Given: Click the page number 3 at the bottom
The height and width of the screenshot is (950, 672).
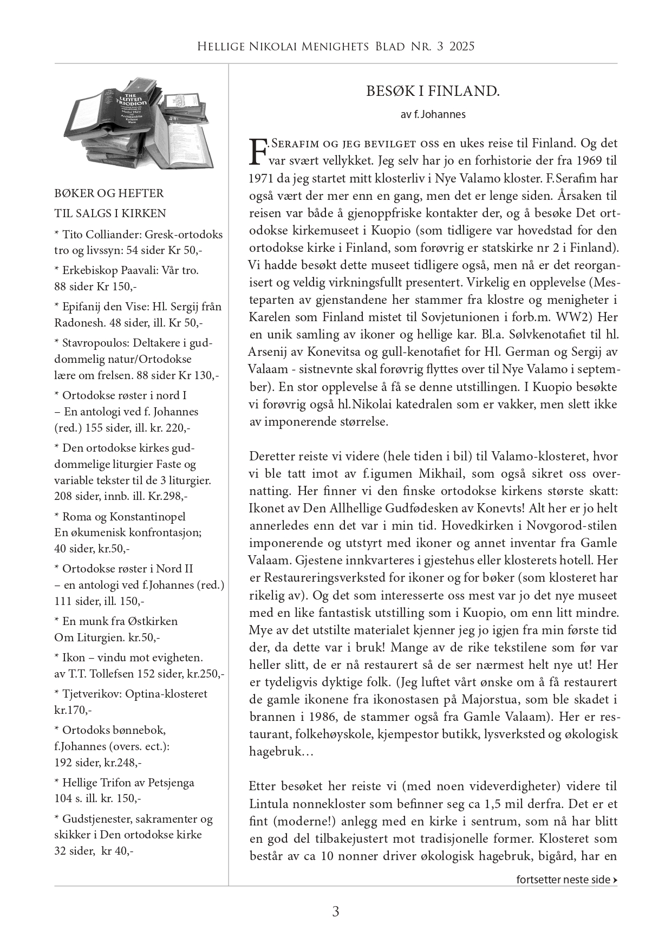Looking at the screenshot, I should (336, 912).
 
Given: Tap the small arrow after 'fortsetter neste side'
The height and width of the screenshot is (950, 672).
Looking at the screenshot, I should (615, 880).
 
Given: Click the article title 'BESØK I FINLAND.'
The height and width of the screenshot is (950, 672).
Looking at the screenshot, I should (433, 91).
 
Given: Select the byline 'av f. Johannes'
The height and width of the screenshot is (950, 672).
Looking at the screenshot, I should (433, 114).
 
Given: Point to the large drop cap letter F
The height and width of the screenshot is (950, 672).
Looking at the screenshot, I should (258, 151).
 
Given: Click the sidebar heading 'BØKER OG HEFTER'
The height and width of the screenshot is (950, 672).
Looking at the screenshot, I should (109, 193).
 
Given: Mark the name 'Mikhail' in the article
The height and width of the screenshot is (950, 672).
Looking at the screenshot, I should (441, 474).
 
